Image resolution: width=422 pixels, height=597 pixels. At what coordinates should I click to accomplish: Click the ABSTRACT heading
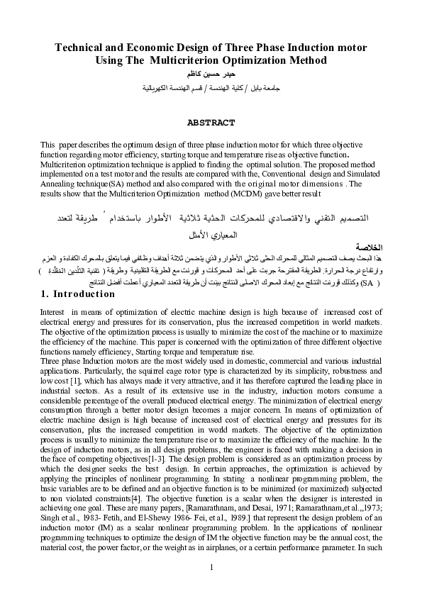(x=211, y=123)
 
